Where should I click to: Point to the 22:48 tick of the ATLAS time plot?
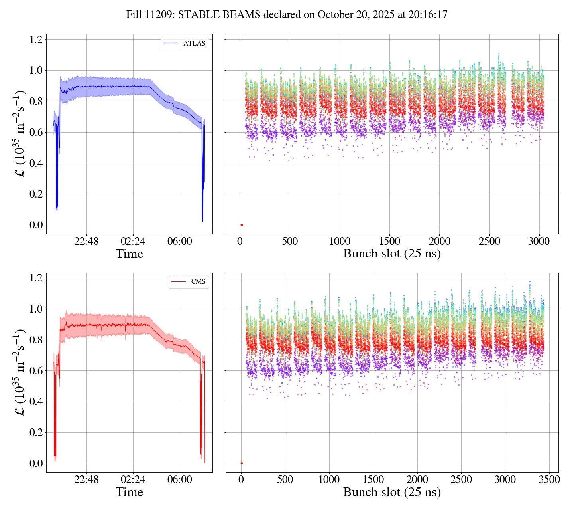(x=86, y=242)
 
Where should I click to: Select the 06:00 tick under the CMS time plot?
(x=179, y=480)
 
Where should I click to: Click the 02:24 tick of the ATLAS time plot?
(x=133, y=242)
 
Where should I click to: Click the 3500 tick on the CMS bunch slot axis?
(x=549, y=480)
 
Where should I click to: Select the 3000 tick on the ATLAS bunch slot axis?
(x=539, y=242)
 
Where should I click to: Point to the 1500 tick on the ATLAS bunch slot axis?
(x=389, y=242)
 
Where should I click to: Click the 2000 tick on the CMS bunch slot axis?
(x=417, y=480)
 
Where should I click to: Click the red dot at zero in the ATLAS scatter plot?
(x=242, y=225)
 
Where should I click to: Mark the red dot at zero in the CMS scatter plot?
(x=242, y=463)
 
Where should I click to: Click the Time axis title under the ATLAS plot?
(x=129, y=254)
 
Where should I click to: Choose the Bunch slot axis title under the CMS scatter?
(x=392, y=492)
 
